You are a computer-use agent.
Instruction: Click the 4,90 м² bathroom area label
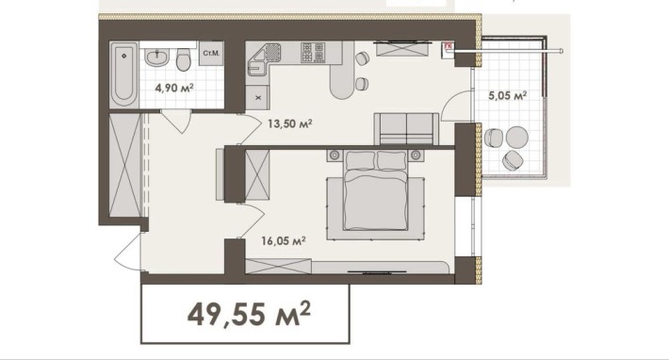tap(174, 89)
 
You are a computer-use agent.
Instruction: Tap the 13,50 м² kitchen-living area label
tap(289, 123)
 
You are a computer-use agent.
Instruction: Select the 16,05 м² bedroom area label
tap(284, 241)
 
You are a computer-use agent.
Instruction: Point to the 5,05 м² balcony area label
tap(507, 95)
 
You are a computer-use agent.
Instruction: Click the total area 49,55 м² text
tap(249, 314)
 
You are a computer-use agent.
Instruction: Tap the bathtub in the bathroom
tap(123, 75)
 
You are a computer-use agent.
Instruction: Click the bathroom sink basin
tap(156, 57)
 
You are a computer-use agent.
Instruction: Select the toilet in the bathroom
tap(184, 59)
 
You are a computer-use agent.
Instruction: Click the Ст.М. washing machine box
tap(211, 54)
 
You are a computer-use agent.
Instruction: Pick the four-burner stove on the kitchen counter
tap(313, 53)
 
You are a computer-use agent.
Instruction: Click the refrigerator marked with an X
tap(257, 97)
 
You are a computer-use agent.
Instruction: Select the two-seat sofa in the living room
tap(406, 129)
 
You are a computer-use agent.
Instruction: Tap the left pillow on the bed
tap(361, 160)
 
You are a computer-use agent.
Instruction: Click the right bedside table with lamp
tap(416, 155)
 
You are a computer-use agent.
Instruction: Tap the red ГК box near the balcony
tap(449, 46)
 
